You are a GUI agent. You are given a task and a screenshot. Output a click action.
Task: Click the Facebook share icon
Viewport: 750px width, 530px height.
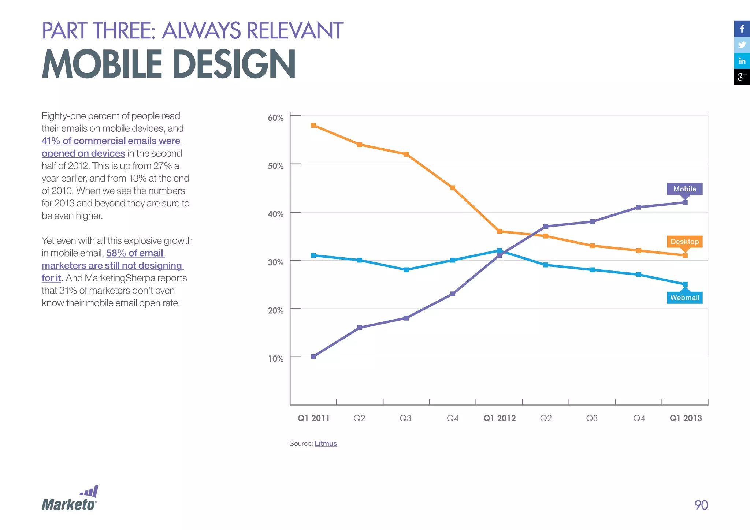[x=742, y=29]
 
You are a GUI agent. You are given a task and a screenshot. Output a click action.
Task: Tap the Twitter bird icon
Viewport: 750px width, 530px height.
[x=742, y=45]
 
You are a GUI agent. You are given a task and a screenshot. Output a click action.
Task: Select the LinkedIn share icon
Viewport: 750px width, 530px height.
[x=742, y=61]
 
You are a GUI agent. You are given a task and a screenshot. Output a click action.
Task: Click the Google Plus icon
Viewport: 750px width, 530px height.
[x=742, y=77]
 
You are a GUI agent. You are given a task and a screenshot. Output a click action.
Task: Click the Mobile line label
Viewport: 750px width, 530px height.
[x=684, y=189]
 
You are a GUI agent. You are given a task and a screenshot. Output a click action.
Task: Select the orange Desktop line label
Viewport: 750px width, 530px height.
[x=684, y=242]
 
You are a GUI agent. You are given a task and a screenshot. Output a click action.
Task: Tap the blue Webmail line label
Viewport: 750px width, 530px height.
[x=684, y=298]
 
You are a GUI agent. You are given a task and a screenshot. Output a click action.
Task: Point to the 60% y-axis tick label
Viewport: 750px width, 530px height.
[x=275, y=118]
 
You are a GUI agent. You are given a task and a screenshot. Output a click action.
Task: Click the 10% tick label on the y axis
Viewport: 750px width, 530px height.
[x=275, y=359]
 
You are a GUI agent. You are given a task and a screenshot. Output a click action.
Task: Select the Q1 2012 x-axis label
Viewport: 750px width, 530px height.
[x=500, y=418]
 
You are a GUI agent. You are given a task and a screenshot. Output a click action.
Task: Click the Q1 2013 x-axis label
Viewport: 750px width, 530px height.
[x=686, y=418]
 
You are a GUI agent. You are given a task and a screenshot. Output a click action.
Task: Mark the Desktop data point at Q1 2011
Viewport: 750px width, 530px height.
[x=313, y=126]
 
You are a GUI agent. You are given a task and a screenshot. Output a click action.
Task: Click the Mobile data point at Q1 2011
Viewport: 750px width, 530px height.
[x=313, y=357]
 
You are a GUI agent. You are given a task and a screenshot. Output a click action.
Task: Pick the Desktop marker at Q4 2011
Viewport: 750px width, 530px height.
[x=453, y=188]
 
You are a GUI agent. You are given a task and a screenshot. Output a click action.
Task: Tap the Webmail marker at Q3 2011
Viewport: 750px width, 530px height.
[x=406, y=270]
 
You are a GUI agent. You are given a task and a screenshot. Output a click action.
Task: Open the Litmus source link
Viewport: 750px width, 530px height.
[x=326, y=444]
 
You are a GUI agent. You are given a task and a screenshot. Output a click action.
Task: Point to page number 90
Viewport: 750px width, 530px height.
[x=701, y=505]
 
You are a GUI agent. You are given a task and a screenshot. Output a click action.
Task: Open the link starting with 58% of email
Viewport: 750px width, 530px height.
[x=135, y=253]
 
